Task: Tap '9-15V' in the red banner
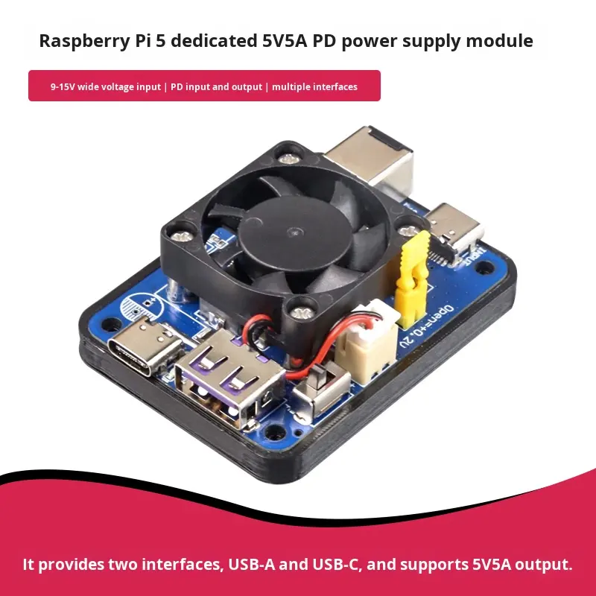(x=64, y=87)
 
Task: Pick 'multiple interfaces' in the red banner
(x=314, y=87)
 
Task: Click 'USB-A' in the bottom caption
(x=251, y=564)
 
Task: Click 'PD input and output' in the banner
(x=216, y=87)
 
